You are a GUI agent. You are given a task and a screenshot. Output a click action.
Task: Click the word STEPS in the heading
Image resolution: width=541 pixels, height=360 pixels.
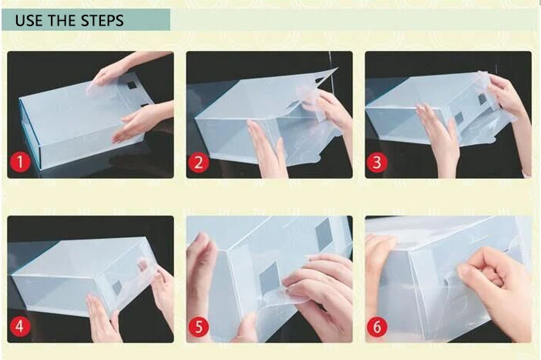tap(102, 20)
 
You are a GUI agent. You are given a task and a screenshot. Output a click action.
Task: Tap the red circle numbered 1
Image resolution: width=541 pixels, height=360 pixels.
tap(20, 162)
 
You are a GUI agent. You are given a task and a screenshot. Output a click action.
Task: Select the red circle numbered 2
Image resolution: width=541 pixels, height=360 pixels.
tap(199, 162)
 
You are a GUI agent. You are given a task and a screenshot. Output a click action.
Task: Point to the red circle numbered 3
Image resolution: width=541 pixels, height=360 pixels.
tap(377, 162)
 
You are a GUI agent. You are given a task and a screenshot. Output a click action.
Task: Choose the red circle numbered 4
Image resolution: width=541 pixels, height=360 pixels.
tap(20, 326)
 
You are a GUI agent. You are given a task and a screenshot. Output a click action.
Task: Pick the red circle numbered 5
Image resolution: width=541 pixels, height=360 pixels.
tap(199, 327)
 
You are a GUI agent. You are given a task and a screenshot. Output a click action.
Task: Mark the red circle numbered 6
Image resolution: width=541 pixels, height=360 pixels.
tap(377, 327)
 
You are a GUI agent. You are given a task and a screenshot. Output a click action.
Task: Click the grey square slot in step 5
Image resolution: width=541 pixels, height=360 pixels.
tap(269, 278)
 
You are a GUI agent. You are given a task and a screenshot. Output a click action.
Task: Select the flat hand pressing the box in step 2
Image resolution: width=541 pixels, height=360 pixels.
tap(267, 149)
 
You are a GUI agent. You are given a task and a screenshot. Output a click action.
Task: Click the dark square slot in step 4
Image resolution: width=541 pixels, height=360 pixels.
tap(117, 288)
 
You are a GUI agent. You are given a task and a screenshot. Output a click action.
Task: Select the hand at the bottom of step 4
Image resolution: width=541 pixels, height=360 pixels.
tap(103, 319)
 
